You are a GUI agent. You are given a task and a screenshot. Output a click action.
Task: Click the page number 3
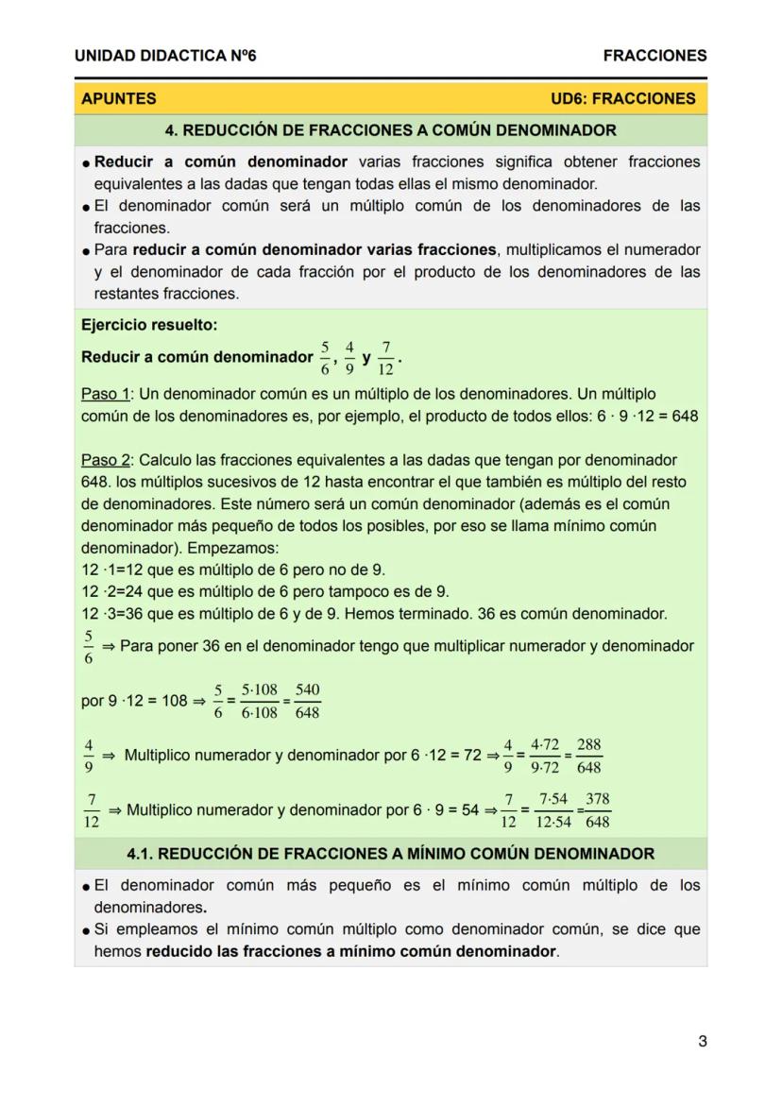click(x=702, y=1042)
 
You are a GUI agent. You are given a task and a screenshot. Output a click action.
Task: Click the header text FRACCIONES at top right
click(x=654, y=56)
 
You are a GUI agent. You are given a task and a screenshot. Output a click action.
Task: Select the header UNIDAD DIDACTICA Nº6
click(x=165, y=56)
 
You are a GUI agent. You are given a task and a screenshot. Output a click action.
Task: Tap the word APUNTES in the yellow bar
click(x=119, y=98)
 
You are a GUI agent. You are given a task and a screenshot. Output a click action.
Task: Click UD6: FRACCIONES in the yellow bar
click(x=622, y=98)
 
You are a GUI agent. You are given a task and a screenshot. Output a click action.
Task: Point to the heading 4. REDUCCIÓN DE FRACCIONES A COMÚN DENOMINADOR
click(x=390, y=130)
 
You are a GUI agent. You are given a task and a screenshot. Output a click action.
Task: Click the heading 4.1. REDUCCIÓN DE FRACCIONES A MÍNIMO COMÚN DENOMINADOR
click(x=390, y=854)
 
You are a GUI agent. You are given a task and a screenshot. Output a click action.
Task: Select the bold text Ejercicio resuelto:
click(x=149, y=326)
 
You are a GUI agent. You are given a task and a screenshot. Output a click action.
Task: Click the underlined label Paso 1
click(x=104, y=394)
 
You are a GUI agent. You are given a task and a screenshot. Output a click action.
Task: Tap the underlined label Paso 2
click(x=104, y=461)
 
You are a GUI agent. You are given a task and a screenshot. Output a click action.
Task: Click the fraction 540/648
click(x=307, y=702)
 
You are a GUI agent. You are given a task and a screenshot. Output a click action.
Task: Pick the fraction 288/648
click(x=588, y=756)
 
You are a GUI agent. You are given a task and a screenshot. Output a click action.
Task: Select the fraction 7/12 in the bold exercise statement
click(x=387, y=359)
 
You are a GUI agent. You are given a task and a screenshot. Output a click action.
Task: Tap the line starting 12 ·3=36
click(x=374, y=614)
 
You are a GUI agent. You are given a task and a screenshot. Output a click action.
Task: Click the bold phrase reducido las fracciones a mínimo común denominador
click(x=350, y=952)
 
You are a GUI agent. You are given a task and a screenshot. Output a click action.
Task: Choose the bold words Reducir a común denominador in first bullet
click(x=221, y=162)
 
